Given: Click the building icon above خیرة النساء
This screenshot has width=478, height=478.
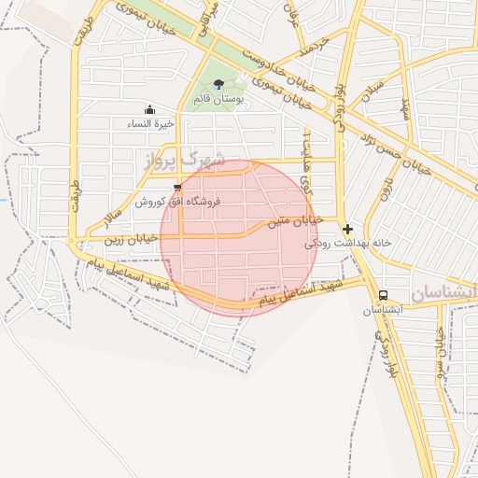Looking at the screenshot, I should (149, 109).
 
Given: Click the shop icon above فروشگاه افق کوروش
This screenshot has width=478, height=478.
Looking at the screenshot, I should (177, 188).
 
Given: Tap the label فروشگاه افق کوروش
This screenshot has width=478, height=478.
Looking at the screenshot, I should (177, 201).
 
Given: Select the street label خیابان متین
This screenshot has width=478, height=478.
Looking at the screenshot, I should (295, 221).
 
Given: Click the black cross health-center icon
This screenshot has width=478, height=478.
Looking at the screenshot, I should (347, 229).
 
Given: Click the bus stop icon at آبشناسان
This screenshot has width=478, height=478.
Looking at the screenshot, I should (384, 295).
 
